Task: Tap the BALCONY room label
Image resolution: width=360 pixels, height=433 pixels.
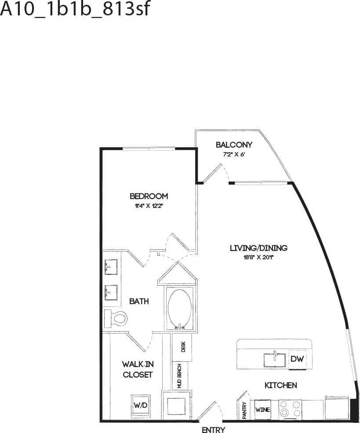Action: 234,145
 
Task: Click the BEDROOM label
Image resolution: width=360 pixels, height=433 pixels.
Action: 149,196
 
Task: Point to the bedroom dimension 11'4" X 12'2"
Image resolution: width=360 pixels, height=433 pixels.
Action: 149,206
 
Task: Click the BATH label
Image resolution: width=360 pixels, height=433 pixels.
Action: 139,301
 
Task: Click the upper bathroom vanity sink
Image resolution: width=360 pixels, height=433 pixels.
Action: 110,267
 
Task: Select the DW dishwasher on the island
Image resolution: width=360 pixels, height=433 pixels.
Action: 297,359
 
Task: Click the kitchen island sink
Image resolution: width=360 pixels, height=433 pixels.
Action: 274,360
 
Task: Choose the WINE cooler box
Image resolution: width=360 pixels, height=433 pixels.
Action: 262,410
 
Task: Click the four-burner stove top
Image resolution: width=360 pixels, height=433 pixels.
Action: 290,409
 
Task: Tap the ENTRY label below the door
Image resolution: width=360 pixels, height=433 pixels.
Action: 213,430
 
